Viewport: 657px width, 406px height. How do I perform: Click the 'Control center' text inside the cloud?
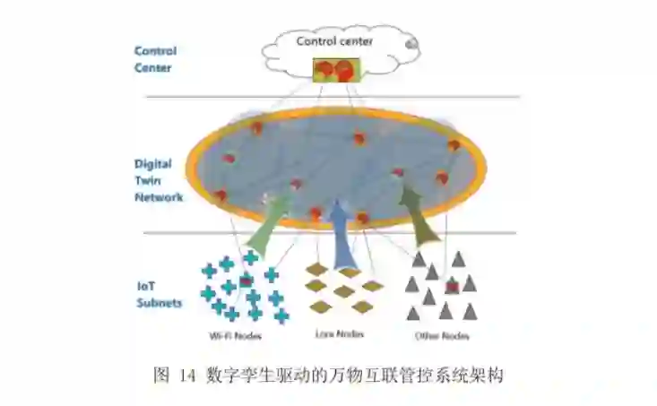336,40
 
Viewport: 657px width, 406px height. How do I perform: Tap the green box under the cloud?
336,70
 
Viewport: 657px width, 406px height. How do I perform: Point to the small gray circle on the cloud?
411,43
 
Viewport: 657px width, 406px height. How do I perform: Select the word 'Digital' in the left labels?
153,164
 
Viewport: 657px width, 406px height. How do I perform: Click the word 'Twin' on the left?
147,180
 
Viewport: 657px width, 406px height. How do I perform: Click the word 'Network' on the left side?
159,196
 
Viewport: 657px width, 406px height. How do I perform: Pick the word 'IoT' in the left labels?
146,285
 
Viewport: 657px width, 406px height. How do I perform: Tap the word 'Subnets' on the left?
159,302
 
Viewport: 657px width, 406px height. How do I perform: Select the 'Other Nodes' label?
442,335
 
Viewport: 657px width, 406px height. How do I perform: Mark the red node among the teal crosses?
246,283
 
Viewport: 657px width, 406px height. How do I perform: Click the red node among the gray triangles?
453,286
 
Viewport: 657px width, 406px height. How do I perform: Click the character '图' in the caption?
161,376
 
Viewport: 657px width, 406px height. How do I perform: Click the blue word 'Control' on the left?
155,51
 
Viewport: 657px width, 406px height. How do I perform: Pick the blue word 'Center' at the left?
152,67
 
